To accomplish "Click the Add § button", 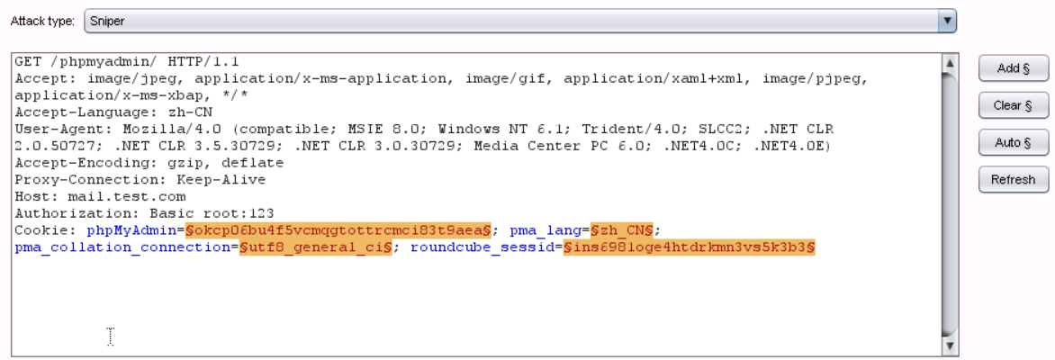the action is pyautogui.click(x=1013, y=68).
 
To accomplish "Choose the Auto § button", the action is pyautogui.click(x=1013, y=142).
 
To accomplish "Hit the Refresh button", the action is pyautogui.click(x=1013, y=179).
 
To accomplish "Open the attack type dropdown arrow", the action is pyautogui.click(x=946, y=21).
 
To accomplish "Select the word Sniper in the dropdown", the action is pyautogui.click(x=107, y=21).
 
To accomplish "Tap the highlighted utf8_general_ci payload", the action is pyautogui.click(x=315, y=247).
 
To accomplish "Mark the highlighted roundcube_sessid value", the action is pyautogui.click(x=689, y=247).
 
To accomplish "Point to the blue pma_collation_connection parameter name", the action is pyautogui.click(x=122, y=247).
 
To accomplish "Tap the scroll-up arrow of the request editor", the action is pyautogui.click(x=948, y=63).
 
